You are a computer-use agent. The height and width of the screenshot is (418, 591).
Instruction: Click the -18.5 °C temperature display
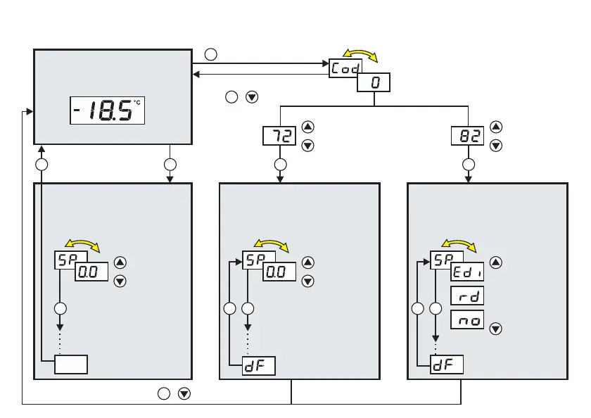(107, 110)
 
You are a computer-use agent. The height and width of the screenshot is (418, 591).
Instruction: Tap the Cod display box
(346, 68)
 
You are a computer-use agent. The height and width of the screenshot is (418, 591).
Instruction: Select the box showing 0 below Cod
(374, 83)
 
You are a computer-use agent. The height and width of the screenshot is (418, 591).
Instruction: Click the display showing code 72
(279, 136)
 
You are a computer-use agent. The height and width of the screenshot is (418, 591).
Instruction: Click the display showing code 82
(468, 136)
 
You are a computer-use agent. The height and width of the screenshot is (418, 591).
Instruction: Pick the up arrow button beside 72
(307, 127)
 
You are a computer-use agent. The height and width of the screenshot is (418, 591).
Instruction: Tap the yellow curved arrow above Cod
(360, 55)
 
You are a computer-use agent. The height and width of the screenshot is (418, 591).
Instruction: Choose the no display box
(466, 320)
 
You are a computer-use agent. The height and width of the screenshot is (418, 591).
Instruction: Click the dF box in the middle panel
(258, 366)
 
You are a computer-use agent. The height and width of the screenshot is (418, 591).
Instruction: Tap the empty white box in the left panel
(71, 365)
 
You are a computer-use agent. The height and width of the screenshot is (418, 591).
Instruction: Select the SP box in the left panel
(70, 260)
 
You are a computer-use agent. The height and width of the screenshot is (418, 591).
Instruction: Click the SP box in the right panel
(446, 260)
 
